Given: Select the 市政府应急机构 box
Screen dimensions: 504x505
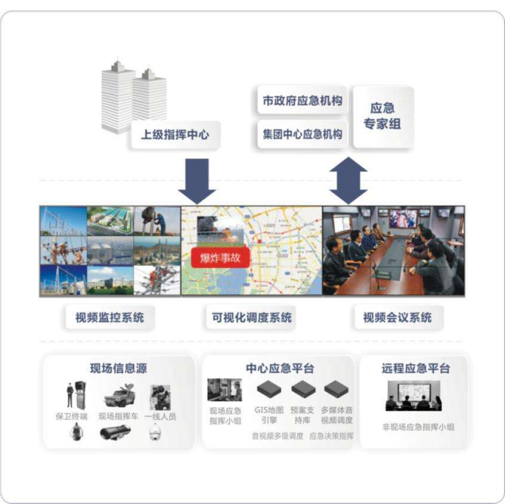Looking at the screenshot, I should pyautogui.click(x=302, y=101).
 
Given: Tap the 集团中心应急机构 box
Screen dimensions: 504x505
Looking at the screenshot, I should pyautogui.click(x=302, y=135).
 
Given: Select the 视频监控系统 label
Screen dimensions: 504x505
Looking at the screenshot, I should pyautogui.click(x=109, y=318).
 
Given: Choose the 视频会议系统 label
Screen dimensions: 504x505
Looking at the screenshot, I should pyautogui.click(x=397, y=318).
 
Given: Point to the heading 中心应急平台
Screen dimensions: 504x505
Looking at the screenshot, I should pyautogui.click(x=280, y=369).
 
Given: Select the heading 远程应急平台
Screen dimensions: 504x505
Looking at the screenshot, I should pyautogui.click(x=416, y=369).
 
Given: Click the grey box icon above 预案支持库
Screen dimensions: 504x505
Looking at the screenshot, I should pyautogui.click(x=302, y=389).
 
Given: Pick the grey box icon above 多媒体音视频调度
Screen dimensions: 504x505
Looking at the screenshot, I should pyautogui.click(x=336, y=389).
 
